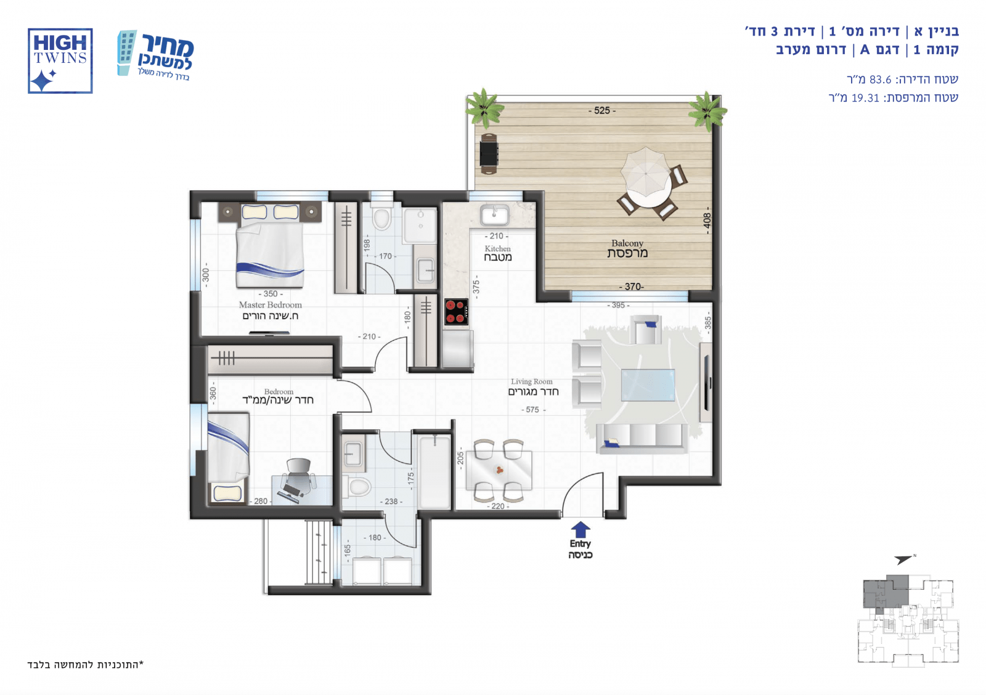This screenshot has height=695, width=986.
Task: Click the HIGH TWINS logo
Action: [60, 61]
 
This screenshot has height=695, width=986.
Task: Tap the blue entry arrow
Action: [580, 529]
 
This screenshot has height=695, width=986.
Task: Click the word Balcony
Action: [627, 243]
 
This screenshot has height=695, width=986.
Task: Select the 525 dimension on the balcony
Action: [601, 110]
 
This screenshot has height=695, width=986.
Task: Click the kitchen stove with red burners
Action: [456, 312]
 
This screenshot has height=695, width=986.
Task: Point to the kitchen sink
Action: [495, 215]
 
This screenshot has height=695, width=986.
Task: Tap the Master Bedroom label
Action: [271, 304]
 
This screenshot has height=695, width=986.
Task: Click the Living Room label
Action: [531, 381]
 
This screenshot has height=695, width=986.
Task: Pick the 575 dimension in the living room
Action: [532, 410]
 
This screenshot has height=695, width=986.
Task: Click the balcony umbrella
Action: [645, 172]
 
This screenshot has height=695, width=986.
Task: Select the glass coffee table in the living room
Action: [648, 384]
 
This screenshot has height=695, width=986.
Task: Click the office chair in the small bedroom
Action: [298, 476]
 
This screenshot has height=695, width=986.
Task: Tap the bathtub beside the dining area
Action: [435, 472]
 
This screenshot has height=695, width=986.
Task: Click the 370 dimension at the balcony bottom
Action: [632, 287]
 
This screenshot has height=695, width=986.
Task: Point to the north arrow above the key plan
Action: [903, 559]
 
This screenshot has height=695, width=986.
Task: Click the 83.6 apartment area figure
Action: [880, 79]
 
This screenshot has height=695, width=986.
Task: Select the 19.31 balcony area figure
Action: [865, 98]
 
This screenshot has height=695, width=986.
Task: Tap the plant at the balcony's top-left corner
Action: [484, 107]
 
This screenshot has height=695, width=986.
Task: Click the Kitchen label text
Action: [497, 249]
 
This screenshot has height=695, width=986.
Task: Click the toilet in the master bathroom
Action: [381, 217]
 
